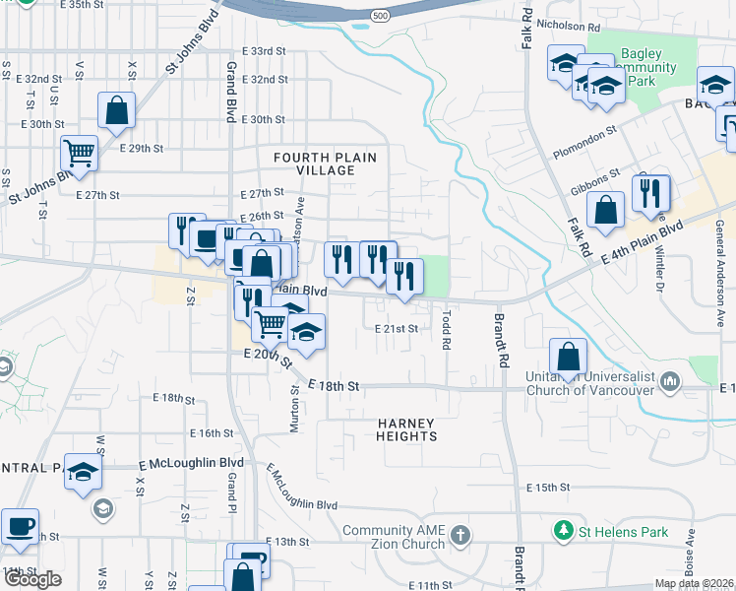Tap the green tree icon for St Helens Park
564,532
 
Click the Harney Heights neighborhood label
406,428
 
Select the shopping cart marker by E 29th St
79,153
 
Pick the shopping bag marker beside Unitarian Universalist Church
568,357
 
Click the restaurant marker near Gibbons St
650,194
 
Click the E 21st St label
397,328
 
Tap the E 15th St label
549,488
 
